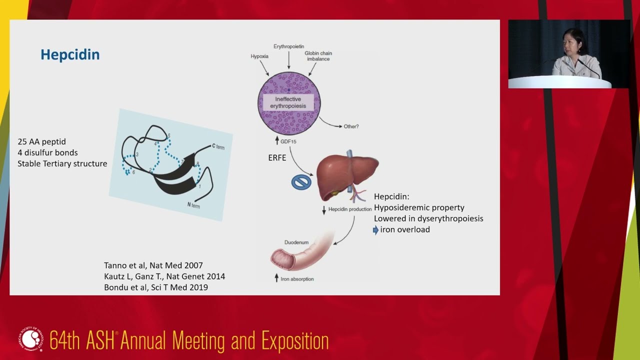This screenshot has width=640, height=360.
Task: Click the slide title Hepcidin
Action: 70,54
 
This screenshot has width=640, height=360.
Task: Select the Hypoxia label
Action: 259,56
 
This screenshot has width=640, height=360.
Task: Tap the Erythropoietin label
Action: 288,46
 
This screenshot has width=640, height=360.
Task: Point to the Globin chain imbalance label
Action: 318,56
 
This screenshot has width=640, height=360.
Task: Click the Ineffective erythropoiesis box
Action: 288,102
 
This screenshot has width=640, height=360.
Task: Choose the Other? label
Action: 351,126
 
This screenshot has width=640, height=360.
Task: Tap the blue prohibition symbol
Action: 301,182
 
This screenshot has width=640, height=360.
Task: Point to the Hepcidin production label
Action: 349,209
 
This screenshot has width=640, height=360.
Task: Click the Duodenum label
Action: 296,242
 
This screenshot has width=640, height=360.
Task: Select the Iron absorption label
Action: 297,279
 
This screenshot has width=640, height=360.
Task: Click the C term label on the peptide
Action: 218,146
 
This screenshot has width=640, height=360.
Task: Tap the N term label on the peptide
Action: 193,205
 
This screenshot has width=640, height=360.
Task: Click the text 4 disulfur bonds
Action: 47,152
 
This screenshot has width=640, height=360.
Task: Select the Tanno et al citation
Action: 153,265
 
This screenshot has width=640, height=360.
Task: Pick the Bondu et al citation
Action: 155,287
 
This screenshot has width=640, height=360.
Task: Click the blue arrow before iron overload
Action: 376,230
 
